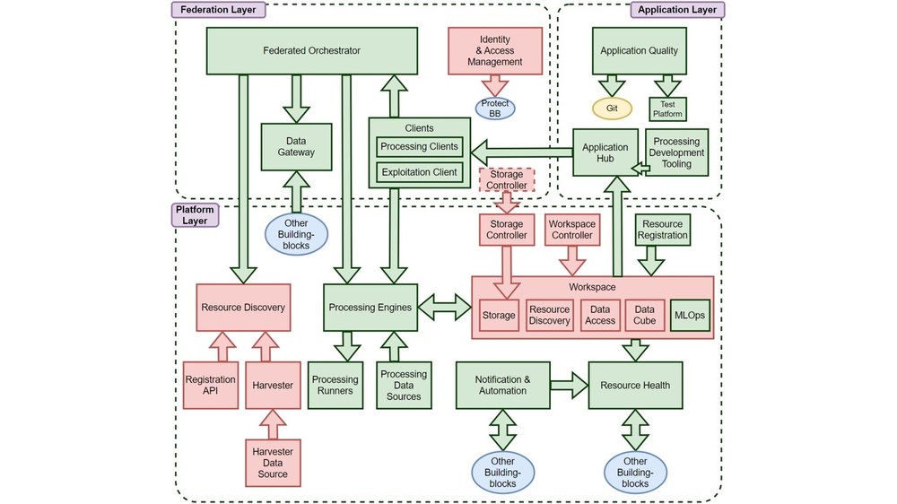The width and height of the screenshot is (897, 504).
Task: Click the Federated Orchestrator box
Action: pyautogui.click(x=312, y=51)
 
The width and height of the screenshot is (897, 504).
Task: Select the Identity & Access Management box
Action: pyautogui.click(x=494, y=51)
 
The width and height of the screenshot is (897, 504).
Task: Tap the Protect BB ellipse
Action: pyautogui.click(x=494, y=109)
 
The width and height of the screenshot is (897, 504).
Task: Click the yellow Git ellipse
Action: pyautogui.click(x=612, y=109)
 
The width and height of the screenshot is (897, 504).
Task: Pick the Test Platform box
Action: pyautogui.click(x=667, y=109)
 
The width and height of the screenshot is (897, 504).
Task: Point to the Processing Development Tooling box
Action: pyautogui.click(x=676, y=153)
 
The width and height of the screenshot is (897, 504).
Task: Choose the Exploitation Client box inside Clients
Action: pyautogui.click(x=420, y=172)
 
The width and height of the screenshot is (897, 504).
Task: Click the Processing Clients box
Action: pyautogui.click(x=420, y=147)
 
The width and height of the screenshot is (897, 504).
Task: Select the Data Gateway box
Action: pyautogui.click(x=296, y=147)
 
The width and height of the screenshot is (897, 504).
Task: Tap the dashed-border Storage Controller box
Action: pyautogui.click(x=507, y=179)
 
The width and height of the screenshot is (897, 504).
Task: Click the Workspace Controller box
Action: pyautogui.click(x=571, y=230)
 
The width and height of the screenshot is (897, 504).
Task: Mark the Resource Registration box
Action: pyautogui.click(x=663, y=230)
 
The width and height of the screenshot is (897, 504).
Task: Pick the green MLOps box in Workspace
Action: pyautogui.click(x=690, y=315)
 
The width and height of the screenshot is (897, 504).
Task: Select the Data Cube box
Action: pyautogui.click(x=644, y=315)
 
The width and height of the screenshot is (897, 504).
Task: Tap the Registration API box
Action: pyautogui.click(x=211, y=386)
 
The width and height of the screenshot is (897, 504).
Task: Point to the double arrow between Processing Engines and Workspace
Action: pyautogui.click(x=446, y=308)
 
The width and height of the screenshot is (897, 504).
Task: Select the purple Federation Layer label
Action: pyautogui.click(x=218, y=10)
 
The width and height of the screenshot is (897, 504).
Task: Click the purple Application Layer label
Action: pyautogui.click(x=677, y=10)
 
